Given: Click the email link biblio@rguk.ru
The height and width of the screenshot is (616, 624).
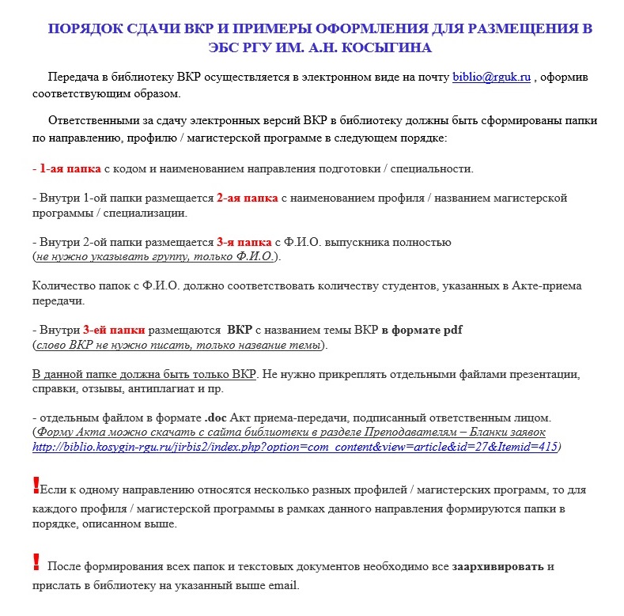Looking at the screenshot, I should tap(491, 77).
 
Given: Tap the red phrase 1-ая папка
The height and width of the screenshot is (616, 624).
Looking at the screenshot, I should tap(70, 168).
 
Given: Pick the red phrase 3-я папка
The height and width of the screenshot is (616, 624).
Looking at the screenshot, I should tap(243, 242).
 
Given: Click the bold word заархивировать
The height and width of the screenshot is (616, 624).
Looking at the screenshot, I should tap(498, 567).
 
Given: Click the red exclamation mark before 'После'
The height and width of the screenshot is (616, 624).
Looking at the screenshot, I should tap(36, 562).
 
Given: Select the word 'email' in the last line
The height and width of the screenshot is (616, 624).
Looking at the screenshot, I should tap(282, 586).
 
